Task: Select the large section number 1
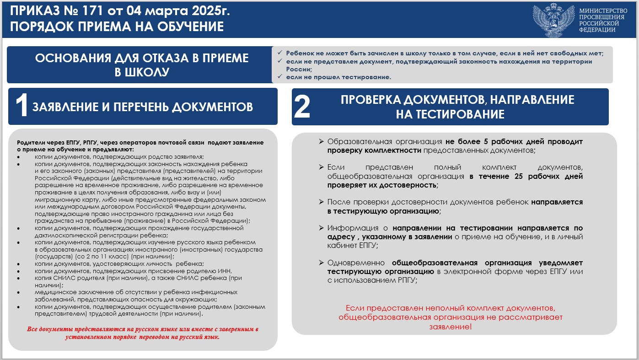(22, 107)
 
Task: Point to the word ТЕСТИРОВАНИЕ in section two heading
(450, 114)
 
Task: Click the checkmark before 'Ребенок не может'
(279, 53)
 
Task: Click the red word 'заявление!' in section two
(451, 327)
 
